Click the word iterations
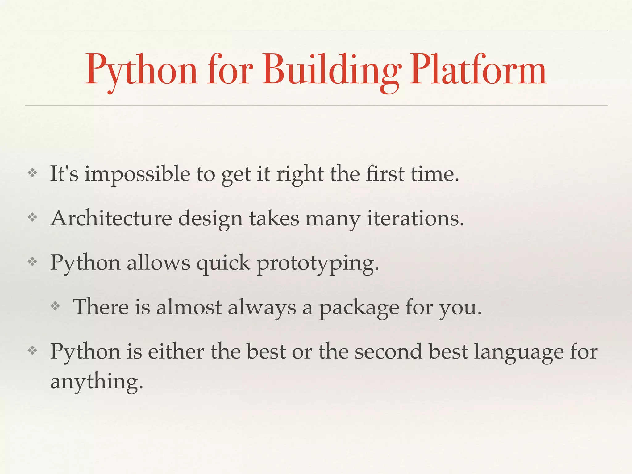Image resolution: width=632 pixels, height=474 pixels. (415, 218)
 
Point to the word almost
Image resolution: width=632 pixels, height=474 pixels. (189, 307)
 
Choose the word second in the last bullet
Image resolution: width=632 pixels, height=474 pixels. (388, 351)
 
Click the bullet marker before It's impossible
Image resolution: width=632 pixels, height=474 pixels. (32, 173)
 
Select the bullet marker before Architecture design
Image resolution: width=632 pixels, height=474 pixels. (32, 218)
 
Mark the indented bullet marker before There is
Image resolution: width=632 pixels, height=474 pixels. (55, 306)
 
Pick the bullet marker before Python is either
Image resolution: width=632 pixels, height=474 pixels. (32, 351)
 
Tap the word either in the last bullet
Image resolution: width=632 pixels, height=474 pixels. (176, 351)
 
